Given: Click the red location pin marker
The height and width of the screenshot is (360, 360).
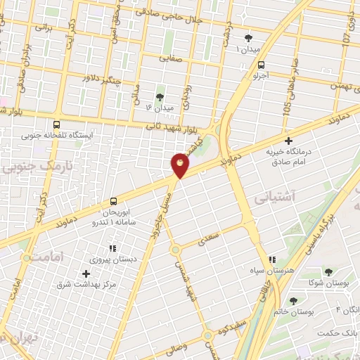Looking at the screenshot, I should coord(180,165).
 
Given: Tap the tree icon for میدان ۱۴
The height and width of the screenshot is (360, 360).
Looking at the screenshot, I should coord(160,97).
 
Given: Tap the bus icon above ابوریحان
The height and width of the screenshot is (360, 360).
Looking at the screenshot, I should coord(114,200).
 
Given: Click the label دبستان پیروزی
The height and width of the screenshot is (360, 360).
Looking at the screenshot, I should coord(113,259).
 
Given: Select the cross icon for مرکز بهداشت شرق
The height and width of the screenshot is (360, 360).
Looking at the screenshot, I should coord(86,274).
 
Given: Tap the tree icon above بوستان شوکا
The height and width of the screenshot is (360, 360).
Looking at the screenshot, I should coord(328,271).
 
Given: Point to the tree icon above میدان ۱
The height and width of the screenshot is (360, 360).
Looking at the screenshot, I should coord(247,37).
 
